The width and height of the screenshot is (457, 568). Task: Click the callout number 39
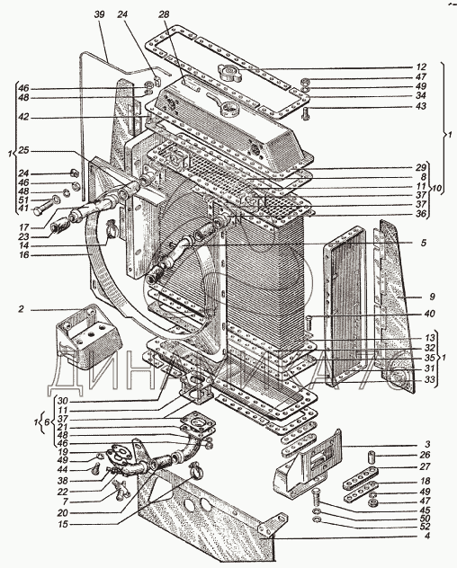(99, 14)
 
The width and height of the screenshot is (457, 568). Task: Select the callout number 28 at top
(164, 14)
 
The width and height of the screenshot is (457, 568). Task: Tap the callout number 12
(421, 67)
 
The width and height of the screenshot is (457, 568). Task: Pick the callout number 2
(22, 309)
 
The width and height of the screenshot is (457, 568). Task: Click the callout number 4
(427, 536)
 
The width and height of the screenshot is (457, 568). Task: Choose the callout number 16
(24, 255)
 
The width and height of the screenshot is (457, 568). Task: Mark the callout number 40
(429, 314)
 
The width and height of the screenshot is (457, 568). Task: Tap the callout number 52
(425, 527)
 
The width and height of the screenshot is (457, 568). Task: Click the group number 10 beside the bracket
(436, 189)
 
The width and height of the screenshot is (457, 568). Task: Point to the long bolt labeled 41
(46, 206)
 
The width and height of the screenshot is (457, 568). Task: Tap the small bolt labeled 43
(305, 114)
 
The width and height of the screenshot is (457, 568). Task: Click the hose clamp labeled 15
(196, 470)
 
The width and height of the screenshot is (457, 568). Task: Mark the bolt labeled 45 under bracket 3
(315, 498)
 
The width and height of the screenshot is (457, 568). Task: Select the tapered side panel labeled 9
(393, 306)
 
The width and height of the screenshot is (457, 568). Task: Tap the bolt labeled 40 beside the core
(309, 324)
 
